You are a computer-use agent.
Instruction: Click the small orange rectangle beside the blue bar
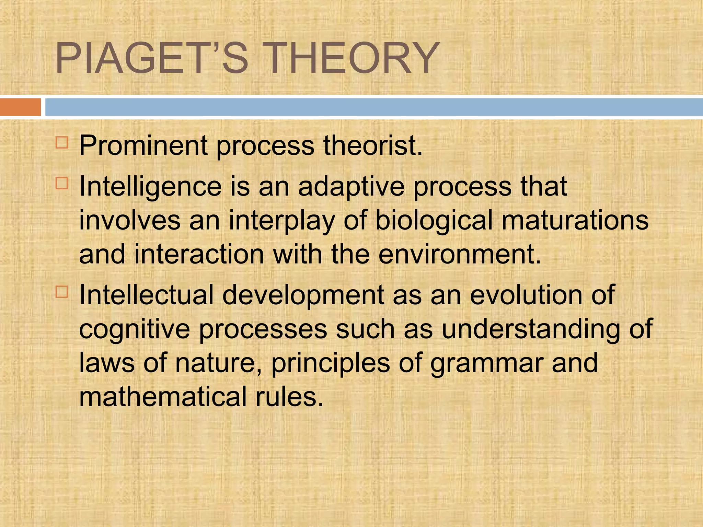(20, 107)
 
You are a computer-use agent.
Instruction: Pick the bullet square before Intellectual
(62, 292)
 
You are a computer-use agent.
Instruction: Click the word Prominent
(143, 146)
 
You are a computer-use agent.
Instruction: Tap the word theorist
(372, 146)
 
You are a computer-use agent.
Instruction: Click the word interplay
(281, 221)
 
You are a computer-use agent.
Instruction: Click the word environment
(459, 255)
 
